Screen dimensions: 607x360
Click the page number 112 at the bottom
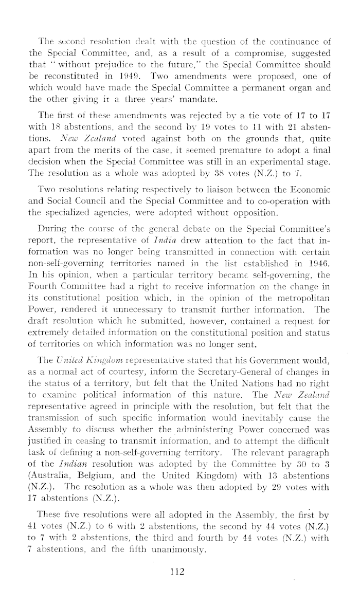click(180, 571)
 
